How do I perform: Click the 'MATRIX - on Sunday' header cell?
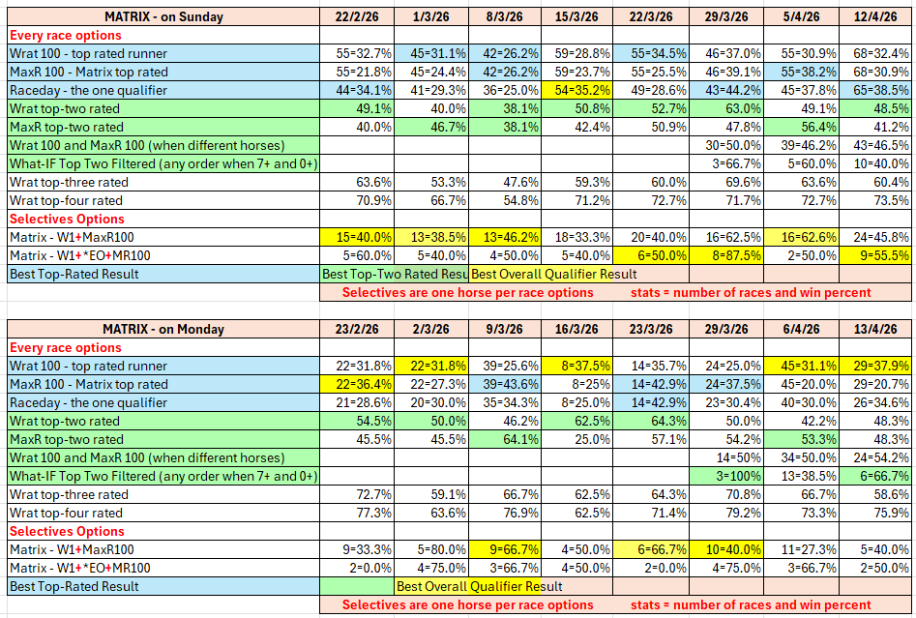[x=163, y=16]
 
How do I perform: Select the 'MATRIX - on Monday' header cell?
[x=163, y=329]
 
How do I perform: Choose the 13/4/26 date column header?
[x=874, y=329]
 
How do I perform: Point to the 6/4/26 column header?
[x=799, y=329]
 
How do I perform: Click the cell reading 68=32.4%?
[x=874, y=53]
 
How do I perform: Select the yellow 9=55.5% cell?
[x=874, y=255]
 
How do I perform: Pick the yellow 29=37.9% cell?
[x=874, y=366]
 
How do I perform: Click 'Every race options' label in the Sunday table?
[x=66, y=35]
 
